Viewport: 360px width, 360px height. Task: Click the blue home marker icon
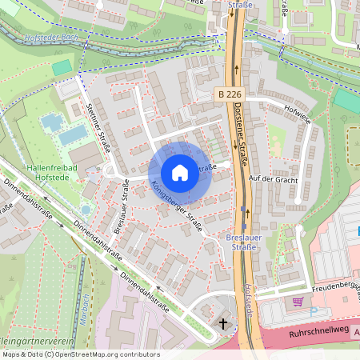pos(180,172)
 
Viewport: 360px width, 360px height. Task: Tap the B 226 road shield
pos(229,94)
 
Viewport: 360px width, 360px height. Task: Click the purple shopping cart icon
pos(298,302)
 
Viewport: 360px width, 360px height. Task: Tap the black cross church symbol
pos(223,322)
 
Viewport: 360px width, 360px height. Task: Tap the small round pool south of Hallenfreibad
pos(86,210)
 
